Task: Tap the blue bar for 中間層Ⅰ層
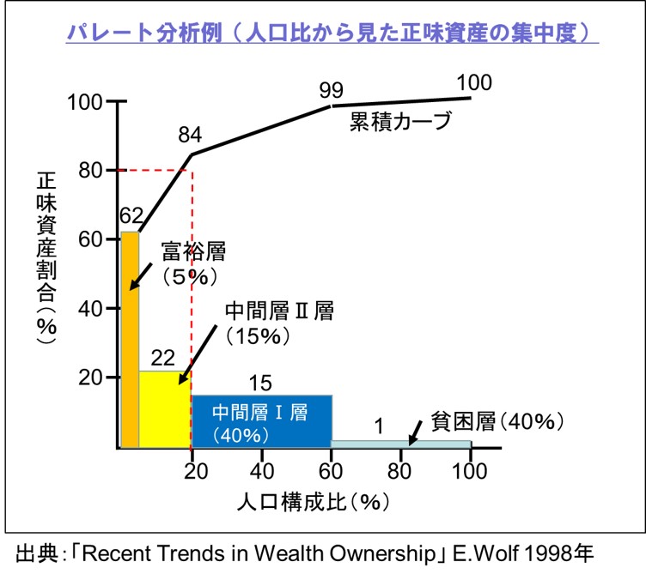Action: click(x=260, y=421)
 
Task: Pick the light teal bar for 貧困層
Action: click(x=400, y=444)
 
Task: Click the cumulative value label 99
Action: click(x=331, y=89)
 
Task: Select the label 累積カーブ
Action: click(x=400, y=122)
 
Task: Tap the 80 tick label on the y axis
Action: click(x=90, y=171)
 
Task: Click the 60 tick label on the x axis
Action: click(x=331, y=471)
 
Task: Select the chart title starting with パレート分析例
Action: click(x=332, y=33)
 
